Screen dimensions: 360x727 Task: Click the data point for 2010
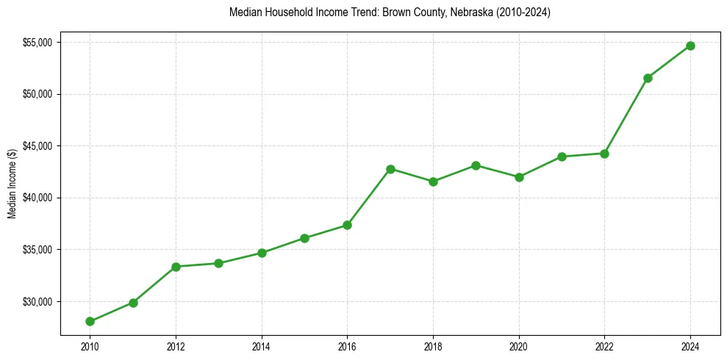pyautogui.click(x=90, y=321)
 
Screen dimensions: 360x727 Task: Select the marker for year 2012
pyautogui.click(x=176, y=267)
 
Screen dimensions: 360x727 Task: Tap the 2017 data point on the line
pyautogui.click(x=390, y=169)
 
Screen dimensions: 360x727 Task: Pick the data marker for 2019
pyautogui.click(x=476, y=165)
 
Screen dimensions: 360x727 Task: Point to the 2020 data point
pyautogui.click(x=519, y=177)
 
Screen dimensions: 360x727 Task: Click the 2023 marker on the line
pyautogui.click(x=648, y=78)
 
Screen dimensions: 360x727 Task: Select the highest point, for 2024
pyautogui.click(x=690, y=46)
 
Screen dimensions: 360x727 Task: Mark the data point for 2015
pyautogui.click(x=304, y=238)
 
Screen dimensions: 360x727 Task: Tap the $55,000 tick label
pyautogui.click(x=37, y=43)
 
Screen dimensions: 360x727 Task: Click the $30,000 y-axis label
pyautogui.click(x=37, y=302)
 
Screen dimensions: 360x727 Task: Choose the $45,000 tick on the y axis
pyautogui.click(x=37, y=146)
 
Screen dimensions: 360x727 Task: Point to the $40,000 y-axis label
pyautogui.click(x=37, y=198)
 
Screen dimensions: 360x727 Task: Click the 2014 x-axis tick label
pyautogui.click(x=262, y=346)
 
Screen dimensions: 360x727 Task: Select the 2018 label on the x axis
pyautogui.click(x=433, y=346)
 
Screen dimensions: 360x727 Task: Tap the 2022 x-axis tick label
pyautogui.click(x=604, y=346)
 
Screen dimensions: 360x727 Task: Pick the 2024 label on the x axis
pyautogui.click(x=690, y=346)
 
